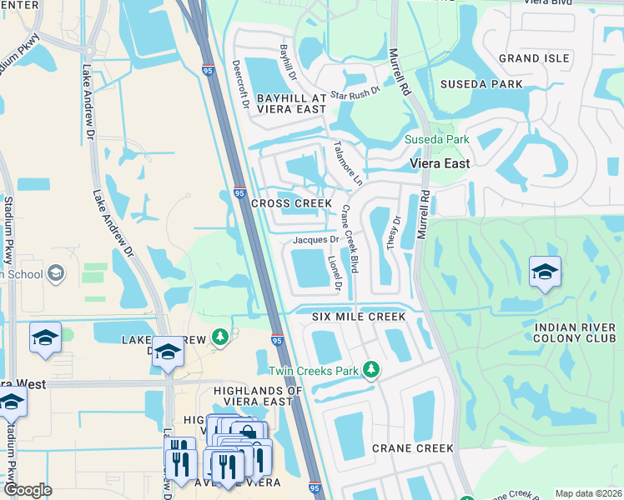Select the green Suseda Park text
coord(436,139)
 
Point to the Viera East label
coord(439,164)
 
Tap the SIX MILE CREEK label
coord(359,317)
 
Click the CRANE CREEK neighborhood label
coord(412,447)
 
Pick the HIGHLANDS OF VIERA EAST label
coord(257,396)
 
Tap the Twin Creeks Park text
coord(313,370)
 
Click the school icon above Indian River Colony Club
coord(545,272)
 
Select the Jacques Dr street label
coord(315,240)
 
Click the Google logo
coord(28,490)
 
